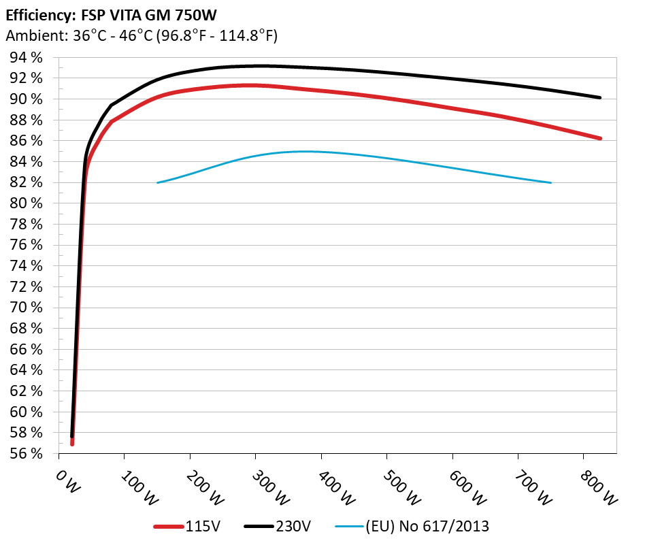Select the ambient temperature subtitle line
[x=141, y=35]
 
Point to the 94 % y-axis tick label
[x=27, y=58]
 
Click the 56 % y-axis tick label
[x=27, y=454]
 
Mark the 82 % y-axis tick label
[x=27, y=183]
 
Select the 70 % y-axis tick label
[x=27, y=308]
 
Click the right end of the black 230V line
[x=599, y=97]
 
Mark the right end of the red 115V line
[x=599, y=138]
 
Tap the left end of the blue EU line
[x=158, y=182]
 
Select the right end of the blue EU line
[x=550, y=182]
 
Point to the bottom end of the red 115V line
[x=71, y=444]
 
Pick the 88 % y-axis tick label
[x=27, y=120]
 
